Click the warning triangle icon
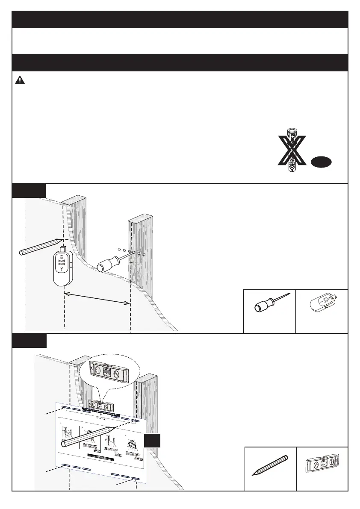tap(21, 80)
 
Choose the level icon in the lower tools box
tap(322, 467)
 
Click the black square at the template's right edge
tap(152, 440)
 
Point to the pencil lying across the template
tap(90, 436)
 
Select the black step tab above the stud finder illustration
tap(28, 190)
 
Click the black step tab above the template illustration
tap(28, 341)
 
